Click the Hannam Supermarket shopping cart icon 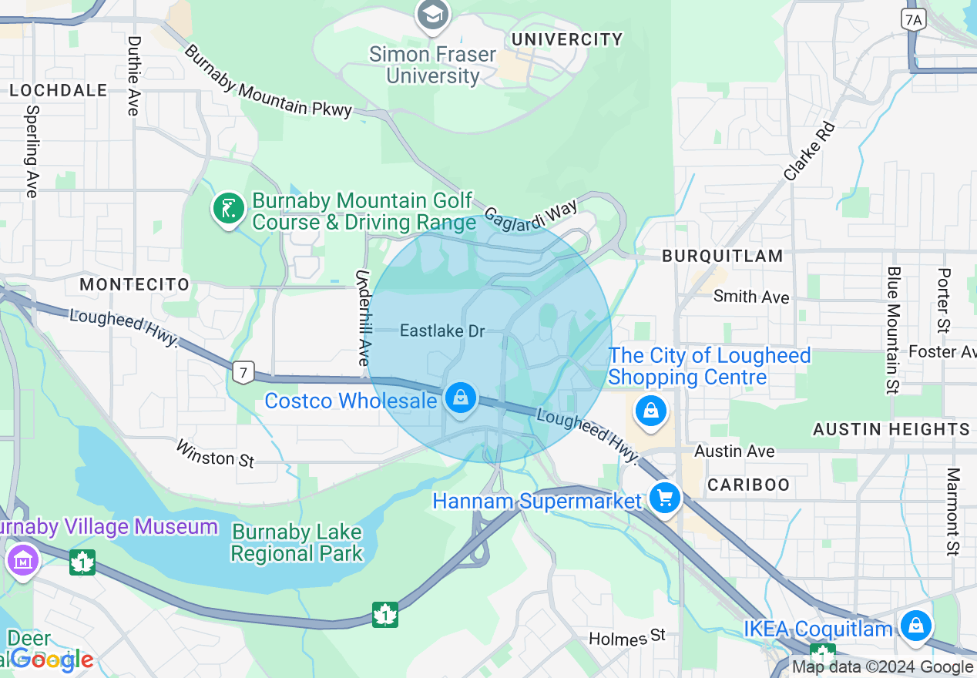[x=664, y=499]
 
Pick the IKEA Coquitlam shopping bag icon [x=915, y=626]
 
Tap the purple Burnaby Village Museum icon [x=22, y=560]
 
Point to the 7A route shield [x=914, y=20]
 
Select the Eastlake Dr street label [x=442, y=331]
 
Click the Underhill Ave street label [x=363, y=317]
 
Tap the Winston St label [x=215, y=453]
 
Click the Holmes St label [x=626, y=637]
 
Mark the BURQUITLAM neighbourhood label [x=722, y=256]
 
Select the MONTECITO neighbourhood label [x=134, y=284]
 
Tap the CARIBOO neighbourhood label [x=748, y=485]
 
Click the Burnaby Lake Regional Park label [x=297, y=542]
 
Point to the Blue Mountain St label [x=893, y=330]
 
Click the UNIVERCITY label [x=567, y=39]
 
